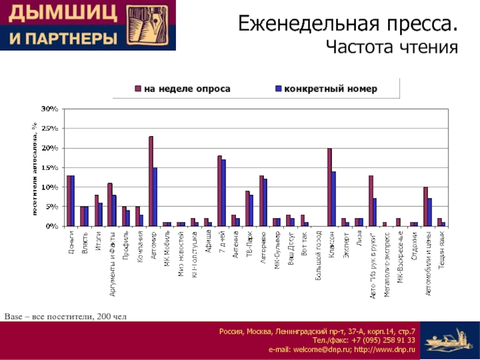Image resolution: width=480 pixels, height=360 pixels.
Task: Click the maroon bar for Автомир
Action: [151, 181]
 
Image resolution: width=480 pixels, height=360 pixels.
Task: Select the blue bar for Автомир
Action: [155, 197]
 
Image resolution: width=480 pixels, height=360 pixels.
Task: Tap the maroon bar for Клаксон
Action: [329, 187]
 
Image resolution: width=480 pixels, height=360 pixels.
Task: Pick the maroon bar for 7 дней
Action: [220, 191]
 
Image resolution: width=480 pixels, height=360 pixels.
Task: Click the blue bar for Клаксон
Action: [334, 199]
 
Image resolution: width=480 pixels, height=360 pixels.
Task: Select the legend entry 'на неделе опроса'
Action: [187, 89]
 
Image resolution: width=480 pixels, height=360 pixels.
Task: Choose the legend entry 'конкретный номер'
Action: [331, 89]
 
